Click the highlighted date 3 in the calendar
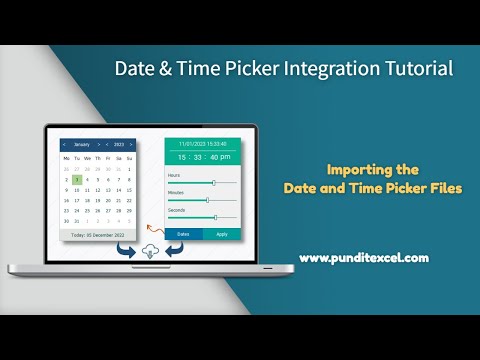tap(78, 179)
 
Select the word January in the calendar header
tap(81, 144)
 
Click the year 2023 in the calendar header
tap(118, 144)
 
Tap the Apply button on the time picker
tap(222, 234)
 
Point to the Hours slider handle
tap(213, 183)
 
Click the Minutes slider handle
tap(207, 200)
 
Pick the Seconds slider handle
tap(215, 217)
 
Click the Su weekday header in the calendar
tap(130, 158)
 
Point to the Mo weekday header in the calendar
tap(66, 158)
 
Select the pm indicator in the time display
tap(225, 157)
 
